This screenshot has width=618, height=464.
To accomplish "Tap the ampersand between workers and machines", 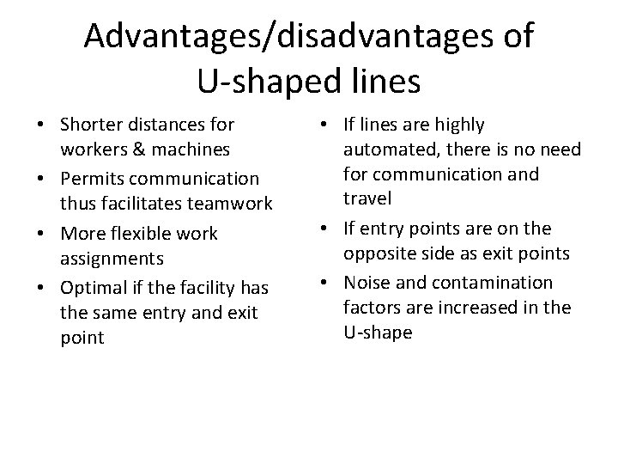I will click(137, 150).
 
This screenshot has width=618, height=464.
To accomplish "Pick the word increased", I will click(493, 307).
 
